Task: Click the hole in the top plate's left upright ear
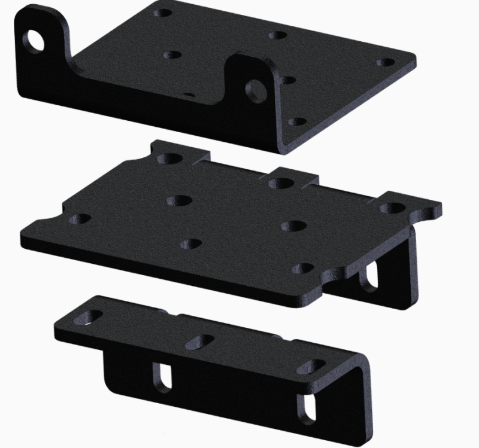click(34, 40)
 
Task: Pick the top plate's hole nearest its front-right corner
click(295, 121)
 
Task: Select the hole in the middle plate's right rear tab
click(391, 208)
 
